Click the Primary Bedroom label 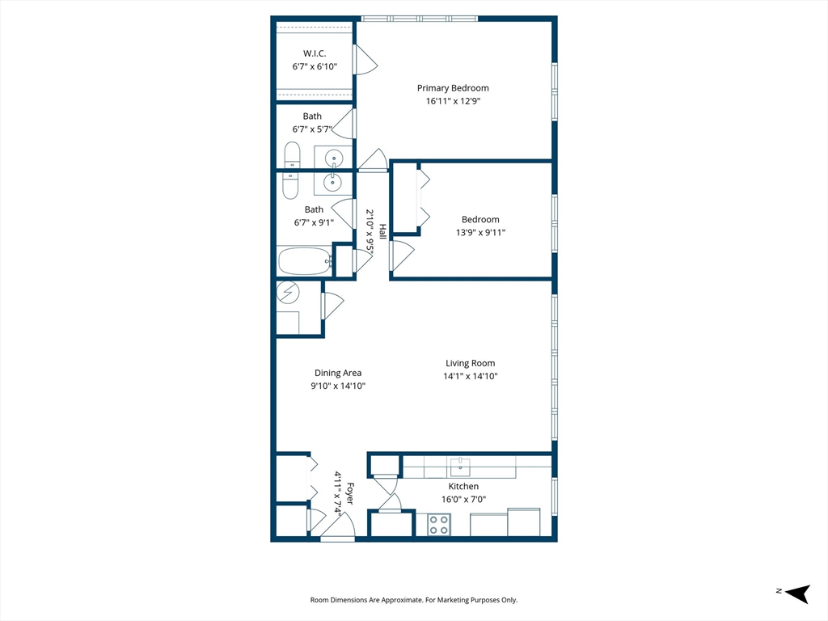[453, 88]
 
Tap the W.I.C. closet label [315, 53]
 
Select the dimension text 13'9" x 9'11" [480, 232]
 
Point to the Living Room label [470, 363]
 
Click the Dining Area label [338, 373]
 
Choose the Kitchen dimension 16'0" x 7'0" [463, 499]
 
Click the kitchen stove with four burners [439, 525]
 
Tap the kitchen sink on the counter [460, 467]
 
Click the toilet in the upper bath [292, 155]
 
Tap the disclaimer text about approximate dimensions [414, 600]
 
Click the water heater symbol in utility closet [288, 291]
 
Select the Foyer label [350, 494]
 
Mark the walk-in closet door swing [365, 60]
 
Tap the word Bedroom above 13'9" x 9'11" [480, 219]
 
